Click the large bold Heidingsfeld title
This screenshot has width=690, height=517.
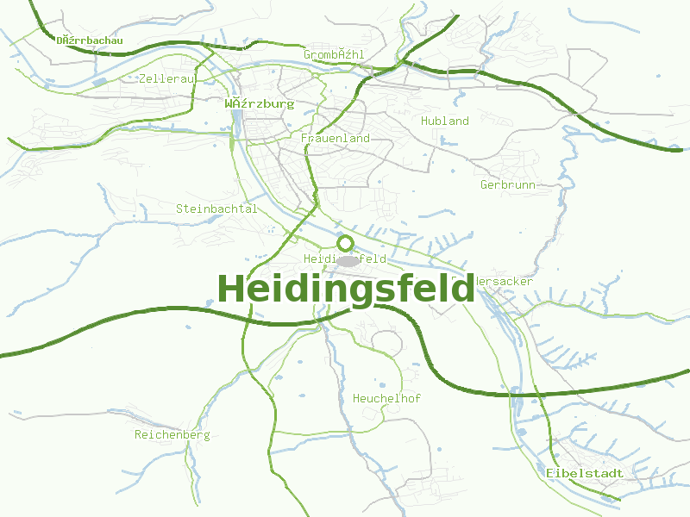tap(346, 289)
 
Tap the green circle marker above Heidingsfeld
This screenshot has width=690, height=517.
tap(346, 243)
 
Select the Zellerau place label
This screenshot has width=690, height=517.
tap(168, 78)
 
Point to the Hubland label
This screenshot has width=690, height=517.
tap(445, 121)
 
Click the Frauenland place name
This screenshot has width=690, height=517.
tap(336, 138)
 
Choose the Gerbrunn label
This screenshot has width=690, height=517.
tap(508, 184)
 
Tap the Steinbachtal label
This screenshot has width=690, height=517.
tap(216, 209)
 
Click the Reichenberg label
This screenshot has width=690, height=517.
tap(172, 435)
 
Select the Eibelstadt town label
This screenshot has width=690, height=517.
tap(584, 473)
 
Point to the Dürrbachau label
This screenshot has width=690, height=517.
tap(90, 40)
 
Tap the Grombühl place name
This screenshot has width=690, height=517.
tap(334, 54)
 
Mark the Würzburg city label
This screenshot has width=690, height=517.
tap(259, 104)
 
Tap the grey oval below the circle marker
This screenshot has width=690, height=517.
tap(347, 260)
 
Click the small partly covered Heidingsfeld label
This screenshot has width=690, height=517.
tap(344, 259)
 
